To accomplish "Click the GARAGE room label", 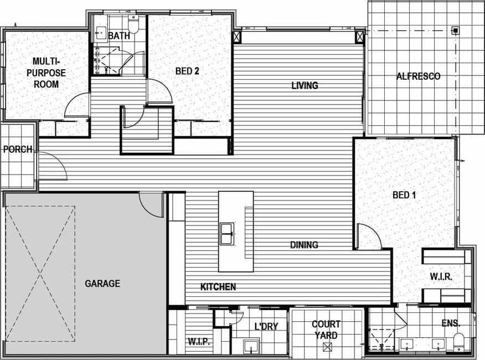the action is (x=102, y=284).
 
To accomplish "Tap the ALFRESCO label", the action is (x=418, y=76).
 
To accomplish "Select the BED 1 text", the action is (x=404, y=195).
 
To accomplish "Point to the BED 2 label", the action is (x=187, y=71).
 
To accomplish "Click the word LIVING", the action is (x=305, y=85).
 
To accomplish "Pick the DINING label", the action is (x=304, y=245).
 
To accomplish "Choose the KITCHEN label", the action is (x=218, y=287).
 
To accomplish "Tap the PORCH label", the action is (x=18, y=150).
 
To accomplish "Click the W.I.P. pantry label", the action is (x=199, y=342).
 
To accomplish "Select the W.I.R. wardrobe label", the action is (x=441, y=276).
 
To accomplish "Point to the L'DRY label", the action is (x=266, y=326).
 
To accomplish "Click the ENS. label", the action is (x=451, y=323).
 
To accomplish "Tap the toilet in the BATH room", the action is (x=133, y=24).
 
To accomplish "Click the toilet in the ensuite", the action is (x=458, y=342).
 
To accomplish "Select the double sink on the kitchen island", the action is (x=227, y=233).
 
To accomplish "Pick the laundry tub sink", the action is (x=251, y=347).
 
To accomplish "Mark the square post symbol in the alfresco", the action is (x=456, y=30).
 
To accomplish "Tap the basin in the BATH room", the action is (x=100, y=33).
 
